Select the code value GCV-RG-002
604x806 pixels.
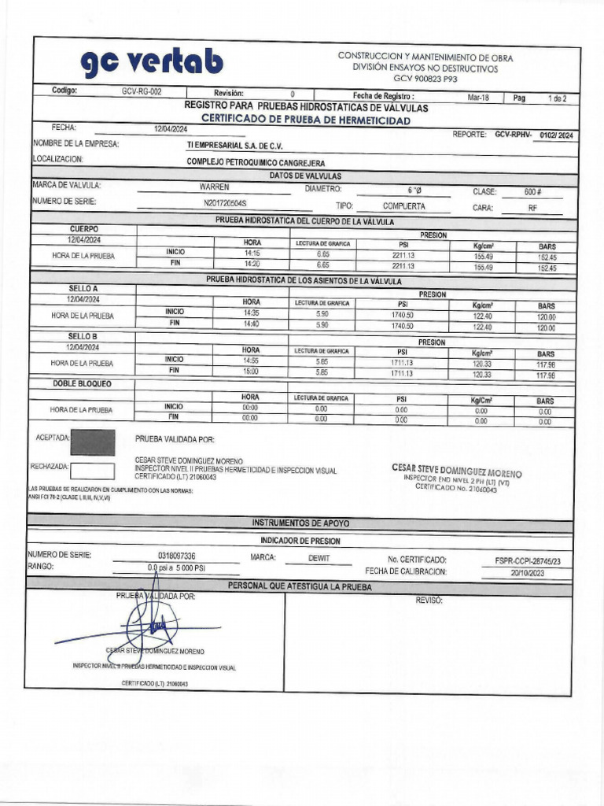142,92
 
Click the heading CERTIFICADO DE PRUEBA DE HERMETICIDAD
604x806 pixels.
306,120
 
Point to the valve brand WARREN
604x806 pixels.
214,187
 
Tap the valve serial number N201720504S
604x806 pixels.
225,204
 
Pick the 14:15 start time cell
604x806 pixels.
252,254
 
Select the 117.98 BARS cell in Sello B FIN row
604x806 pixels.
546,376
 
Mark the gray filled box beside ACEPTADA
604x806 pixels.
92,442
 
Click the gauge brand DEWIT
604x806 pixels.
319,557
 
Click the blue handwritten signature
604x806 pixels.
153,626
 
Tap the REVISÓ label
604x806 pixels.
429,601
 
